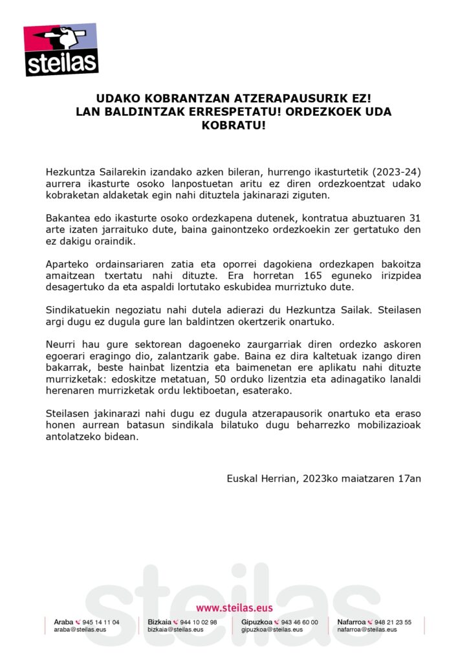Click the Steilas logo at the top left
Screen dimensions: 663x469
(61, 49)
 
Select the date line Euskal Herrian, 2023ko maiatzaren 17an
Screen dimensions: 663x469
(324, 478)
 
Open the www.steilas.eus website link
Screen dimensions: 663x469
(234, 608)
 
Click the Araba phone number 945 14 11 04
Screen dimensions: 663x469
(101, 622)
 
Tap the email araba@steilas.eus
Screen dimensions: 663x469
(80, 629)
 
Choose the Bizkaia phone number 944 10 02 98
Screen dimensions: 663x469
(199, 622)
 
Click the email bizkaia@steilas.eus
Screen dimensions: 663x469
(175, 629)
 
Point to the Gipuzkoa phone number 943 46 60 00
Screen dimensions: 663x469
(300, 622)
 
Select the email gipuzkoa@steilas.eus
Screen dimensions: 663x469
(272, 629)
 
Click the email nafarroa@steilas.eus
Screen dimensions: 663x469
(367, 629)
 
